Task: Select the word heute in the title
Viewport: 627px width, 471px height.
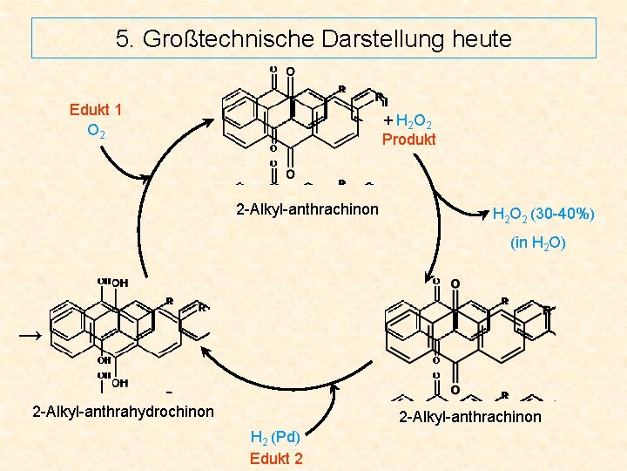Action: (x=480, y=39)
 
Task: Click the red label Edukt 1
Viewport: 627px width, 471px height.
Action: (x=96, y=110)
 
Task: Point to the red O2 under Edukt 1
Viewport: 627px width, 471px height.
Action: (x=97, y=132)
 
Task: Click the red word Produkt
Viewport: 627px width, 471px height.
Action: (x=409, y=140)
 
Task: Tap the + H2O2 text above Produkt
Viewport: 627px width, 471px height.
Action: (x=409, y=121)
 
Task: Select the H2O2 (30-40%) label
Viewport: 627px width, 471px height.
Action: (x=543, y=214)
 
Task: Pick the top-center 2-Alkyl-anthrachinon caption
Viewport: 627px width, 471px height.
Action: (x=307, y=209)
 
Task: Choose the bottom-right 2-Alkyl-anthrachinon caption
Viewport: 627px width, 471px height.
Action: (x=469, y=417)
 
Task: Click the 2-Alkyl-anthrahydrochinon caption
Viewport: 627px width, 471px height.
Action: (x=123, y=410)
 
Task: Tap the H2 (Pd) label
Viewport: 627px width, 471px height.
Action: (x=275, y=438)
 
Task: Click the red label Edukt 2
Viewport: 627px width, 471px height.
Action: (x=276, y=459)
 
